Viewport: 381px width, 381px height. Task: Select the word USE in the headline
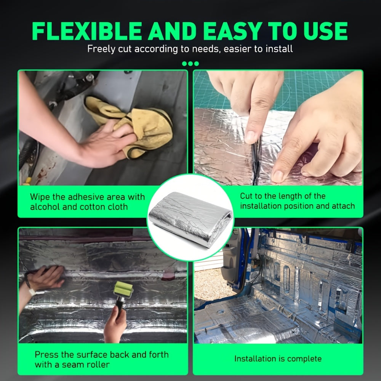325,31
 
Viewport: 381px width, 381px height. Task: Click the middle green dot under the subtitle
190,64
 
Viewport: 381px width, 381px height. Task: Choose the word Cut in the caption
247,196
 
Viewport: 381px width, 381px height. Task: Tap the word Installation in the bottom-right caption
251,359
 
